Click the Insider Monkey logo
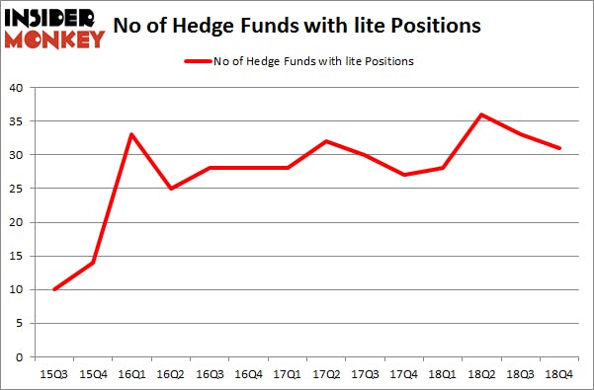pyautogui.click(x=54, y=28)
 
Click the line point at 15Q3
pyautogui.click(x=53, y=289)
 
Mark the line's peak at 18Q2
pyautogui.click(x=481, y=115)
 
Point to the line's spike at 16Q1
pyautogui.click(x=130, y=134)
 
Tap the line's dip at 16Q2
pyautogui.click(x=170, y=189)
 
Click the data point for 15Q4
pyautogui.click(x=92, y=263)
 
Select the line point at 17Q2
pyautogui.click(x=325, y=141)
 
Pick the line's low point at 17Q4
pyautogui.click(x=403, y=175)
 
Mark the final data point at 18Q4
pyautogui.click(x=558, y=148)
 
